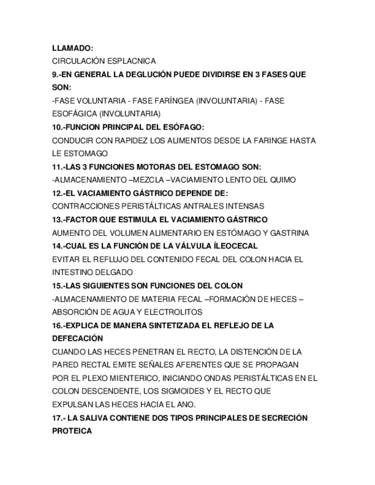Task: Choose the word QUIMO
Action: point(283,180)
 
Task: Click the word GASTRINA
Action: point(289,233)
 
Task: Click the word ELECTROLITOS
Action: point(172,312)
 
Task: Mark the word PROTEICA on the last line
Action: point(72,431)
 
